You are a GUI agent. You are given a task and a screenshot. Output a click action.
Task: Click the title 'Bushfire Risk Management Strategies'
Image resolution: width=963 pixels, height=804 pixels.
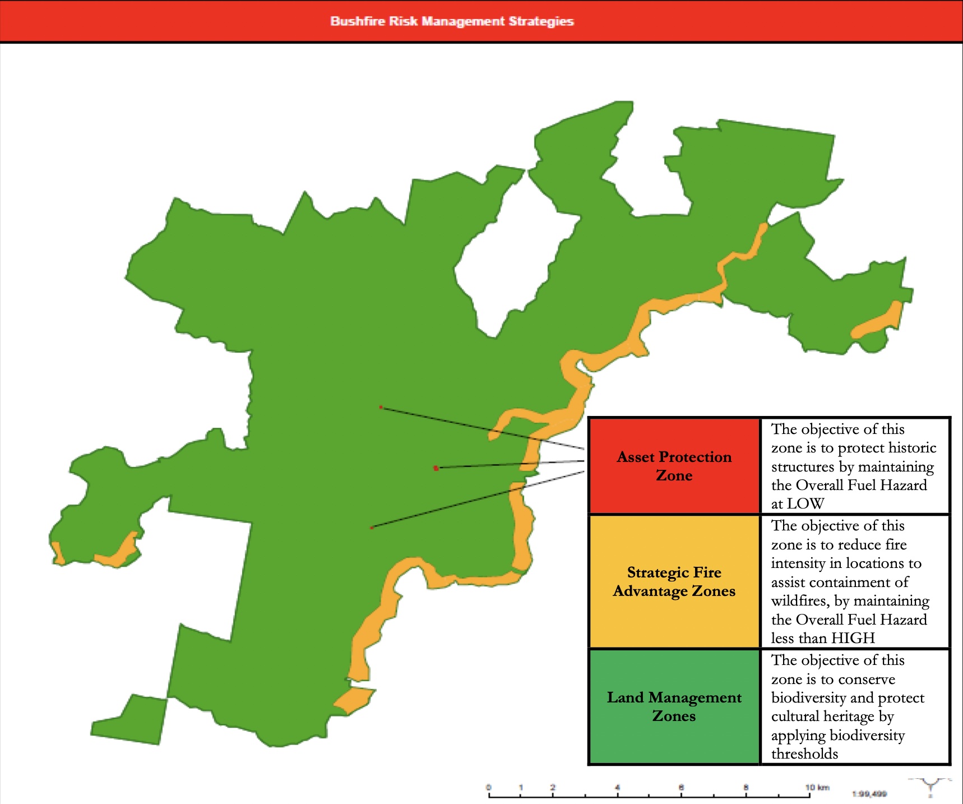click(x=452, y=21)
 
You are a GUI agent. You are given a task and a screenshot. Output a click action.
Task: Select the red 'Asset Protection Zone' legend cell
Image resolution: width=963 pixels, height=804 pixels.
click(x=674, y=466)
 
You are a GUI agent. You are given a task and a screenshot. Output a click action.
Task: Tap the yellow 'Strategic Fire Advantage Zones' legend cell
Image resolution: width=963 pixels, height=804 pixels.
click(x=674, y=581)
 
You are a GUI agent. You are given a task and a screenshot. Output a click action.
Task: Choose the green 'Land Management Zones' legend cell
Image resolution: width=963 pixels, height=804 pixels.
click(x=674, y=706)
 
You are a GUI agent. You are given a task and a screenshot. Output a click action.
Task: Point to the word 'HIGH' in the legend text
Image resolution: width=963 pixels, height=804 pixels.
click(x=853, y=638)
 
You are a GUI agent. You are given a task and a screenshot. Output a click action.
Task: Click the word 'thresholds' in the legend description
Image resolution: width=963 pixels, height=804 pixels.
click(x=804, y=754)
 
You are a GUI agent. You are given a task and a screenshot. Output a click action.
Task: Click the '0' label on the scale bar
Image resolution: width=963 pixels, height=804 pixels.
click(x=489, y=788)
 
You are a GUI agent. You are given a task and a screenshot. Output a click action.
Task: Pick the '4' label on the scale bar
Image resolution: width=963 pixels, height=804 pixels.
click(x=617, y=788)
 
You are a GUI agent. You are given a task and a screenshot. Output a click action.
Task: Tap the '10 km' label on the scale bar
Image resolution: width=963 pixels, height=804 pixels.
click(x=817, y=788)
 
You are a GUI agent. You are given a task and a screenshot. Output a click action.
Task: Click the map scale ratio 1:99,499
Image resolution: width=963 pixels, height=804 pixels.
click(x=869, y=794)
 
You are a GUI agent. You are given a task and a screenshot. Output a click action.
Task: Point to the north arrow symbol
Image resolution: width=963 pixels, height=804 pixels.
click(x=930, y=785)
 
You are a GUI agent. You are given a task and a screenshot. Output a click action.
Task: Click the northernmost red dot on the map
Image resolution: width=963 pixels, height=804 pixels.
click(x=381, y=407)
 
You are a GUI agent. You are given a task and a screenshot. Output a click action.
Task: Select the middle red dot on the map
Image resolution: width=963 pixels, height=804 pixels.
click(x=436, y=468)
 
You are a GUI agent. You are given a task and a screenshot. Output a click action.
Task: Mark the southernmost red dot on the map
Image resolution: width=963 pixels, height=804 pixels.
click(x=372, y=528)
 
